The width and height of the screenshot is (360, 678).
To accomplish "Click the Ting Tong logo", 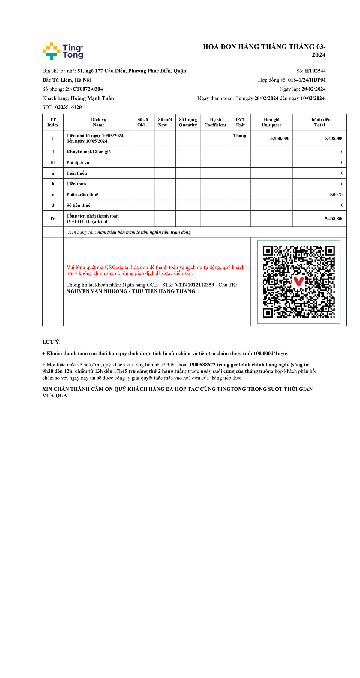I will point(63,51).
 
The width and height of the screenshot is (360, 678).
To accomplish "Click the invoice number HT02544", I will point(315,71).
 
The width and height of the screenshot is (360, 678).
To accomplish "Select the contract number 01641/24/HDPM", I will point(307,80).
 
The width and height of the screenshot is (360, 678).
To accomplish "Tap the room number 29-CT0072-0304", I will point(84,89).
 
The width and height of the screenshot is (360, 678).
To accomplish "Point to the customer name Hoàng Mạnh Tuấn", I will point(92,98).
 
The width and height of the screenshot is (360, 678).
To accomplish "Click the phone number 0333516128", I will point(68,107).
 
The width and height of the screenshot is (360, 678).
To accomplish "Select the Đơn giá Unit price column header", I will point(271,122).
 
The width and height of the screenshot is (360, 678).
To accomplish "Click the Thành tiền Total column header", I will point(319,122).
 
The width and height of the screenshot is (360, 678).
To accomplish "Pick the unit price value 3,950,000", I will point(280,138).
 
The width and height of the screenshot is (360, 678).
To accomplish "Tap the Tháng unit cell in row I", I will point(240,136).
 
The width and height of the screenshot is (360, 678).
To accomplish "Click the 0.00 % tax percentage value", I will point(336,194).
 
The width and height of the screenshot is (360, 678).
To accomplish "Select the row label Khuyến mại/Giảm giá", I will point(88,152).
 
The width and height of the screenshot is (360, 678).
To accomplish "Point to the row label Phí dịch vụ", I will point(78,163).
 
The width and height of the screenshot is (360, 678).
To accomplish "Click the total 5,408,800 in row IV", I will point(334,219).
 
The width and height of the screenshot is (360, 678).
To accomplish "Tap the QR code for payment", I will point(298,282).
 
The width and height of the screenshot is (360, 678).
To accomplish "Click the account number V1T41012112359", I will point(194,285).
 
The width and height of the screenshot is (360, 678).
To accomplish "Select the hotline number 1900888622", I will point(202,365).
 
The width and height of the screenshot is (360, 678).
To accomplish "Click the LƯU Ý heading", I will point(52,342).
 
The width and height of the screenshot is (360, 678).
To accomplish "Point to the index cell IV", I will point(53,219).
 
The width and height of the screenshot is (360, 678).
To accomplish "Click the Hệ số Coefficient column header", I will point(215,122).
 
